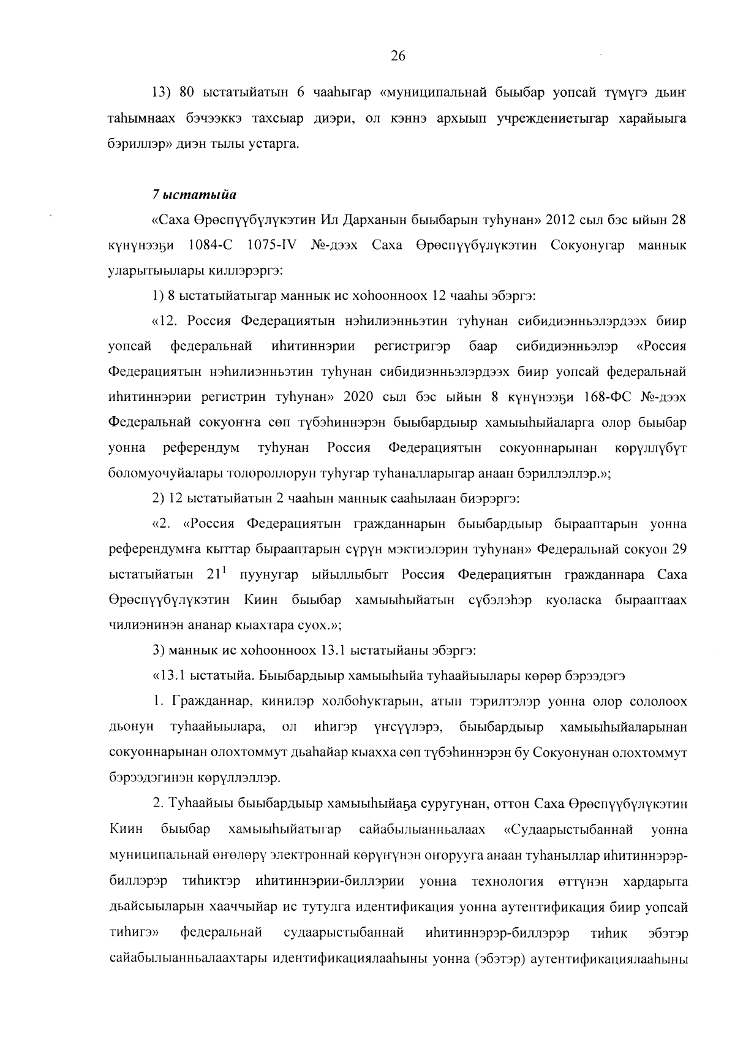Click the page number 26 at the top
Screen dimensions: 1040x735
click(398, 56)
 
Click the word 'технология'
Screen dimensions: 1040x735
click(508, 882)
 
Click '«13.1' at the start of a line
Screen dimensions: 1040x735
click(169, 677)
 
